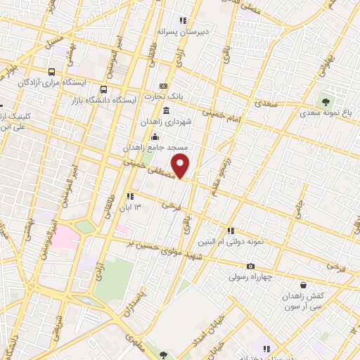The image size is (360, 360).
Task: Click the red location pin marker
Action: [x=181, y=166]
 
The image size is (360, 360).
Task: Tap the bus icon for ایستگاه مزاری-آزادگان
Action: [x=52, y=72]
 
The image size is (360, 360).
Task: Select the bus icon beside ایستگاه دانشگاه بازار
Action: [x=104, y=89]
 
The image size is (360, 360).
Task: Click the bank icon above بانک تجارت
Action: [x=164, y=86]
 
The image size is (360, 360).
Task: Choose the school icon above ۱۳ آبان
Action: [x=129, y=196]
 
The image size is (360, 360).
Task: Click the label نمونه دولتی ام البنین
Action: [x=255, y=241]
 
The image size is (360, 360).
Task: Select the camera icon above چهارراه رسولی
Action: [x=250, y=266]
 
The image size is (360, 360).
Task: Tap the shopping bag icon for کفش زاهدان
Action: [x=303, y=285]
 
